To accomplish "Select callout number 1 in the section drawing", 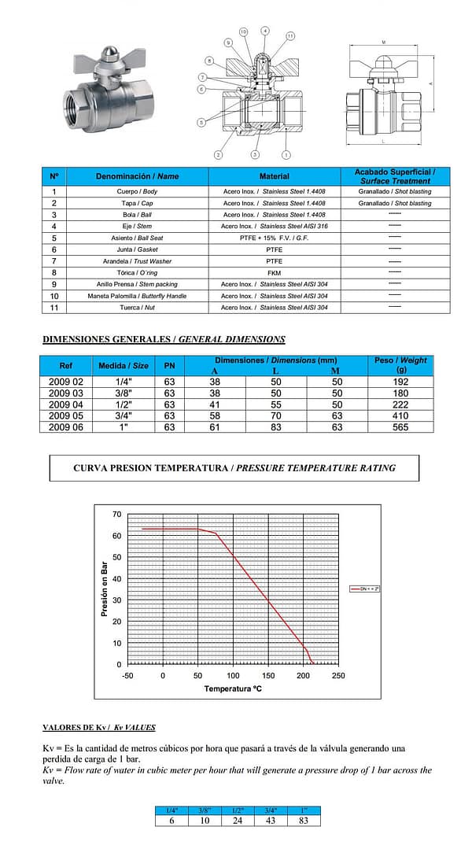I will (286, 155).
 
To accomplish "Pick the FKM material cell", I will (274, 272).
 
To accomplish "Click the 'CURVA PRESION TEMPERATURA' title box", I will (234, 467).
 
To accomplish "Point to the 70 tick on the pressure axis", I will (117, 515).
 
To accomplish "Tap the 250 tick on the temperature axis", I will (338, 675).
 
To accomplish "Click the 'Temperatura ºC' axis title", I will (233, 688).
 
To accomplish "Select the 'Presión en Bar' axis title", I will (105, 589).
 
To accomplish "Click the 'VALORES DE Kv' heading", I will (98, 728).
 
